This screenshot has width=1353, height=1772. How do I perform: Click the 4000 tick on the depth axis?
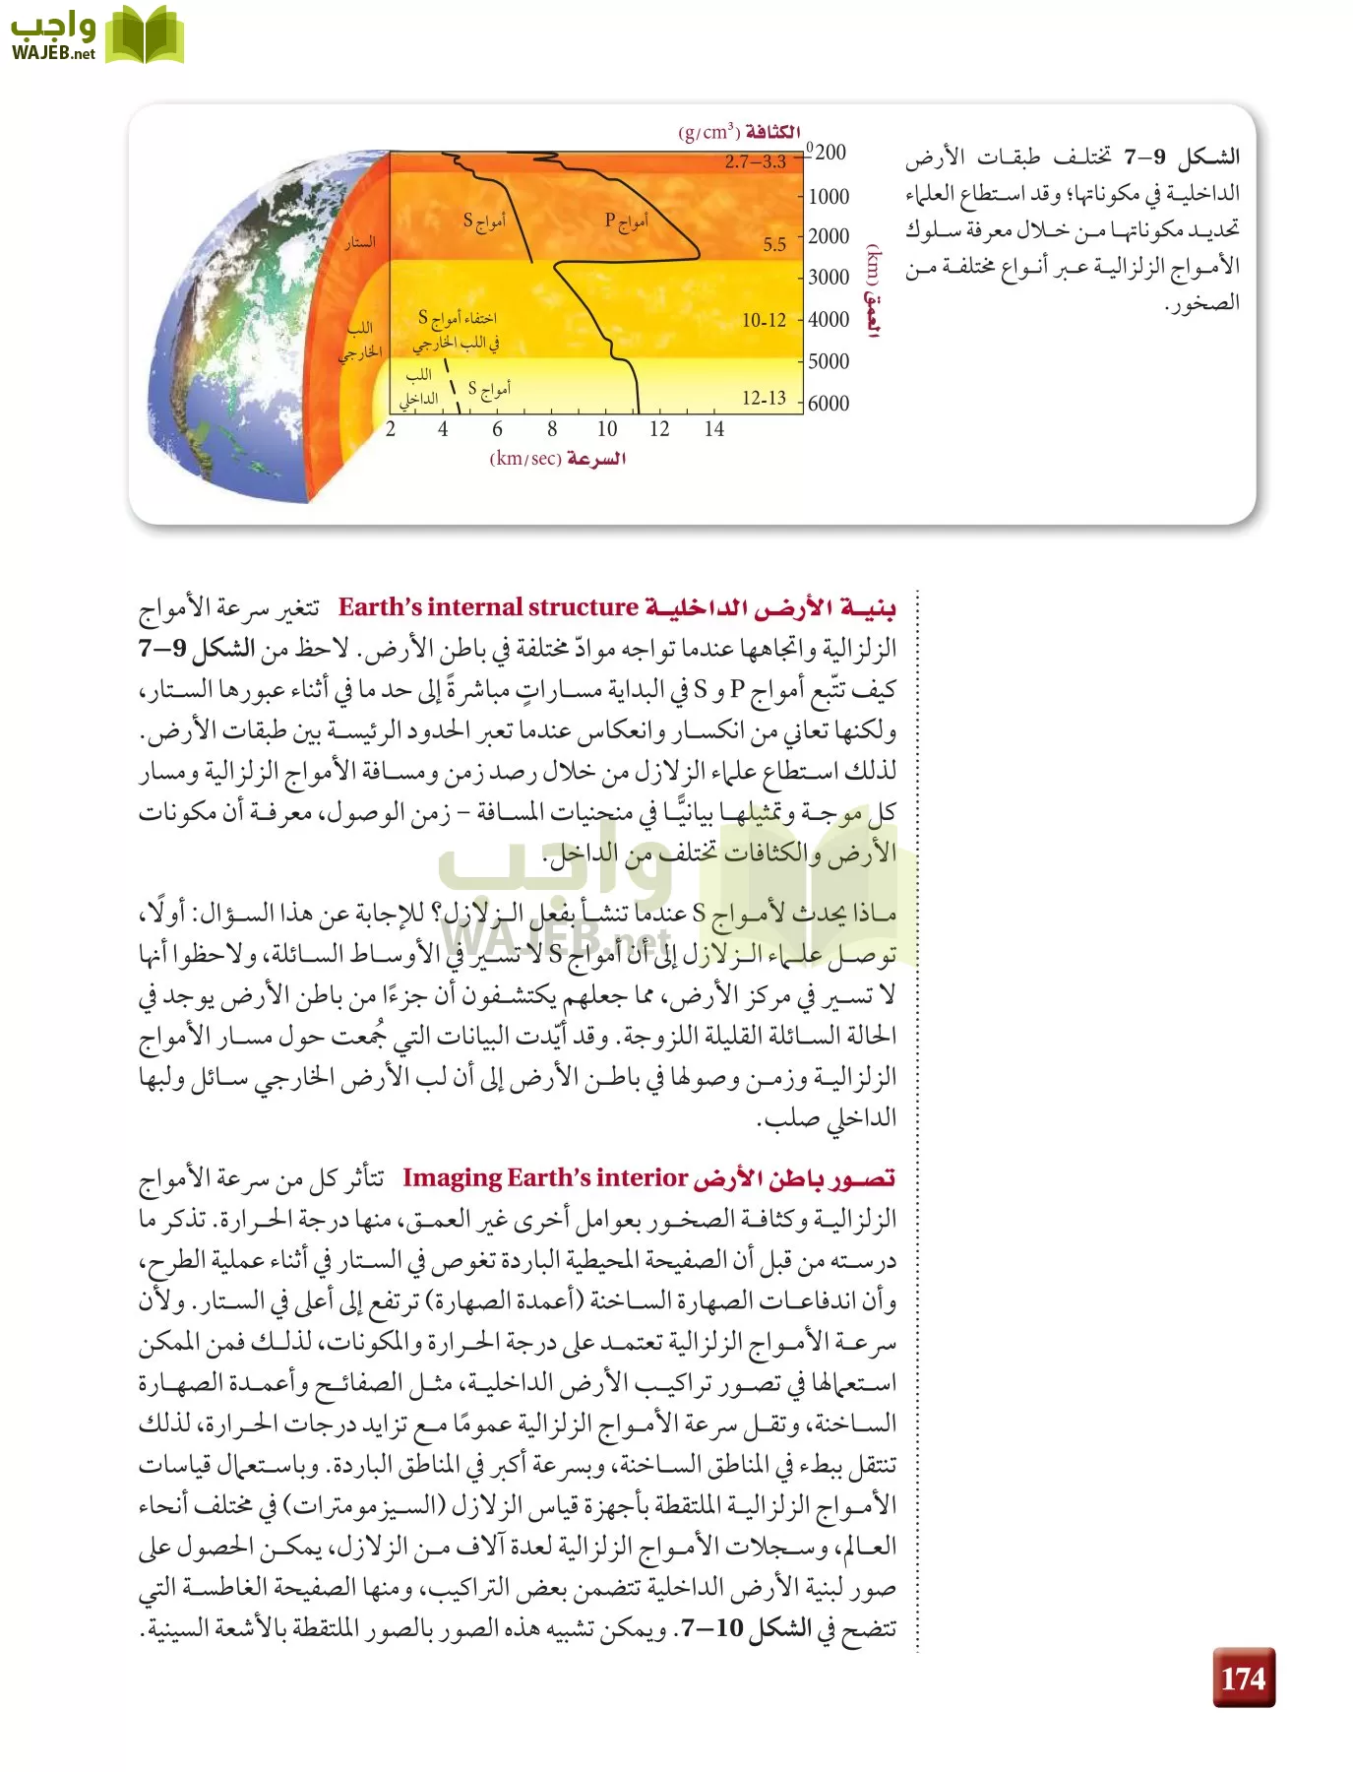coord(829,319)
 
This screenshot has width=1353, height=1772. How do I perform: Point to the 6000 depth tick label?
coord(829,403)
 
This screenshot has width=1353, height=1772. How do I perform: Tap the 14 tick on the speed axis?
coord(713,429)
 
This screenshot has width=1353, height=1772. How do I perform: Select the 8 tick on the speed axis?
coord(552,429)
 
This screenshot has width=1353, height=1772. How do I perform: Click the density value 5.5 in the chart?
coord(774,244)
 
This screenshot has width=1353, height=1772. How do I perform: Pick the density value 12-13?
coord(764,398)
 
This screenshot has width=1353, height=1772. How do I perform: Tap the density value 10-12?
coord(764,320)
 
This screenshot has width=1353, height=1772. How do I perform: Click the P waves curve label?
coord(626,221)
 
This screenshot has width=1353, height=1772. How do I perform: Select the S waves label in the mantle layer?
coord(484,221)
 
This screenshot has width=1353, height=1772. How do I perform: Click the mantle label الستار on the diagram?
coord(359,241)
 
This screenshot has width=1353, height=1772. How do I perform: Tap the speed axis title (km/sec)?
coord(557,459)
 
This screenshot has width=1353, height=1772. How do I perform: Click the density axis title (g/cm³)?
coord(739,132)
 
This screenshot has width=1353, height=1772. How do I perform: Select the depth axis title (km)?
coord(872,291)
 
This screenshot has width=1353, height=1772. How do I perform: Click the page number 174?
coord(1243,1677)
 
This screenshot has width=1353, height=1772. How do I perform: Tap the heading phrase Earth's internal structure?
coord(489,607)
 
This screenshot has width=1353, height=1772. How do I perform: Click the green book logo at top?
coord(144,35)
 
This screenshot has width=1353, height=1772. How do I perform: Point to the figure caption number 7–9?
coord(1145,157)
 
